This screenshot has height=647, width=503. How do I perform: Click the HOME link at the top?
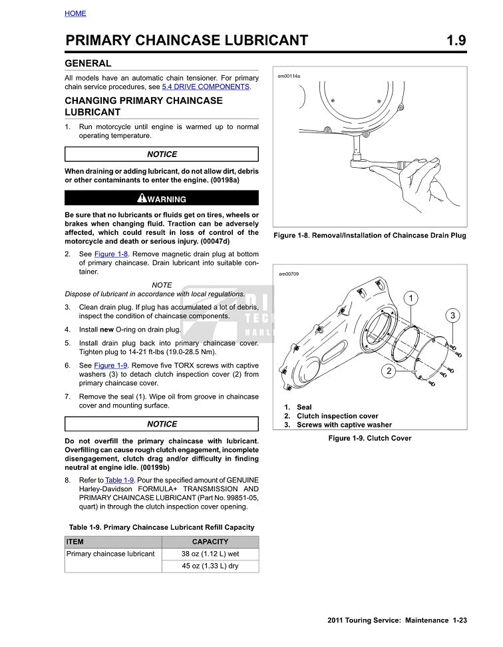(75, 13)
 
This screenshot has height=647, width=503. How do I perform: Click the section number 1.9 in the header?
(456, 41)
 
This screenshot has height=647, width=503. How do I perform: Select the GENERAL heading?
(88, 64)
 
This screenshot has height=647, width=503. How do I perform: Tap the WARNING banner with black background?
(162, 198)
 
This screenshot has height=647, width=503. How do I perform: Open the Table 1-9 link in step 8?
(120, 480)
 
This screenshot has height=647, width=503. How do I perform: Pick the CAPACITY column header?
(210, 542)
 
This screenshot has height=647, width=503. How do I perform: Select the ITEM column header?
(75, 542)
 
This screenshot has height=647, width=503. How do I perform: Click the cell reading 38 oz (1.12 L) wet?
(210, 554)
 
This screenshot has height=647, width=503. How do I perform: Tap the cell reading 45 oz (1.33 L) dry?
(210, 566)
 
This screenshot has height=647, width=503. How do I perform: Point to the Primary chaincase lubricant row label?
(110, 554)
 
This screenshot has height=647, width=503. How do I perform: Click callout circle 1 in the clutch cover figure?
(412, 297)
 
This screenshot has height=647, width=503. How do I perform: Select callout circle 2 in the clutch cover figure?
(388, 371)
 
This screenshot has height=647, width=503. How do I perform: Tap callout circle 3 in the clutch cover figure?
(452, 315)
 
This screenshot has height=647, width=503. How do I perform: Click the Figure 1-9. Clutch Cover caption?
(369, 438)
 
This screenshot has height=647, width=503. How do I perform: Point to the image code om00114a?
(289, 77)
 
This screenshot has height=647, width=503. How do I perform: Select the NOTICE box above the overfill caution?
(162, 424)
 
